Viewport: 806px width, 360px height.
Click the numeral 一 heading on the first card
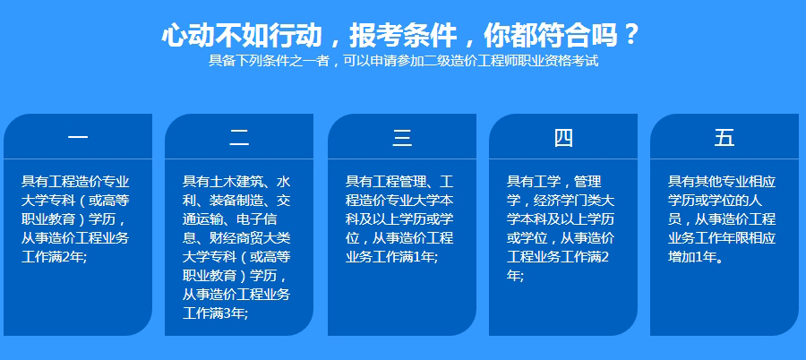pyautogui.click(x=77, y=138)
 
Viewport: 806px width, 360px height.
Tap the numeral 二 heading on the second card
pyautogui.click(x=239, y=138)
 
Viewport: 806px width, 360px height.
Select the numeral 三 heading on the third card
pyautogui.click(x=401, y=138)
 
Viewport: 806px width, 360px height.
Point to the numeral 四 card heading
pyautogui.click(x=562, y=138)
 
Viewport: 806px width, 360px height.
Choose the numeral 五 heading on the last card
pyautogui.click(x=724, y=138)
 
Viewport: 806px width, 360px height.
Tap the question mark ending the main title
pyautogui.click(x=631, y=35)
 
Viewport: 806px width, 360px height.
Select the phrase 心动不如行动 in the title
pyautogui.click(x=240, y=35)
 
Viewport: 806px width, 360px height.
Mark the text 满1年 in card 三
pyautogui.click(x=416, y=257)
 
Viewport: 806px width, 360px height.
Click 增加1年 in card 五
pyautogui.click(x=692, y=257)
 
